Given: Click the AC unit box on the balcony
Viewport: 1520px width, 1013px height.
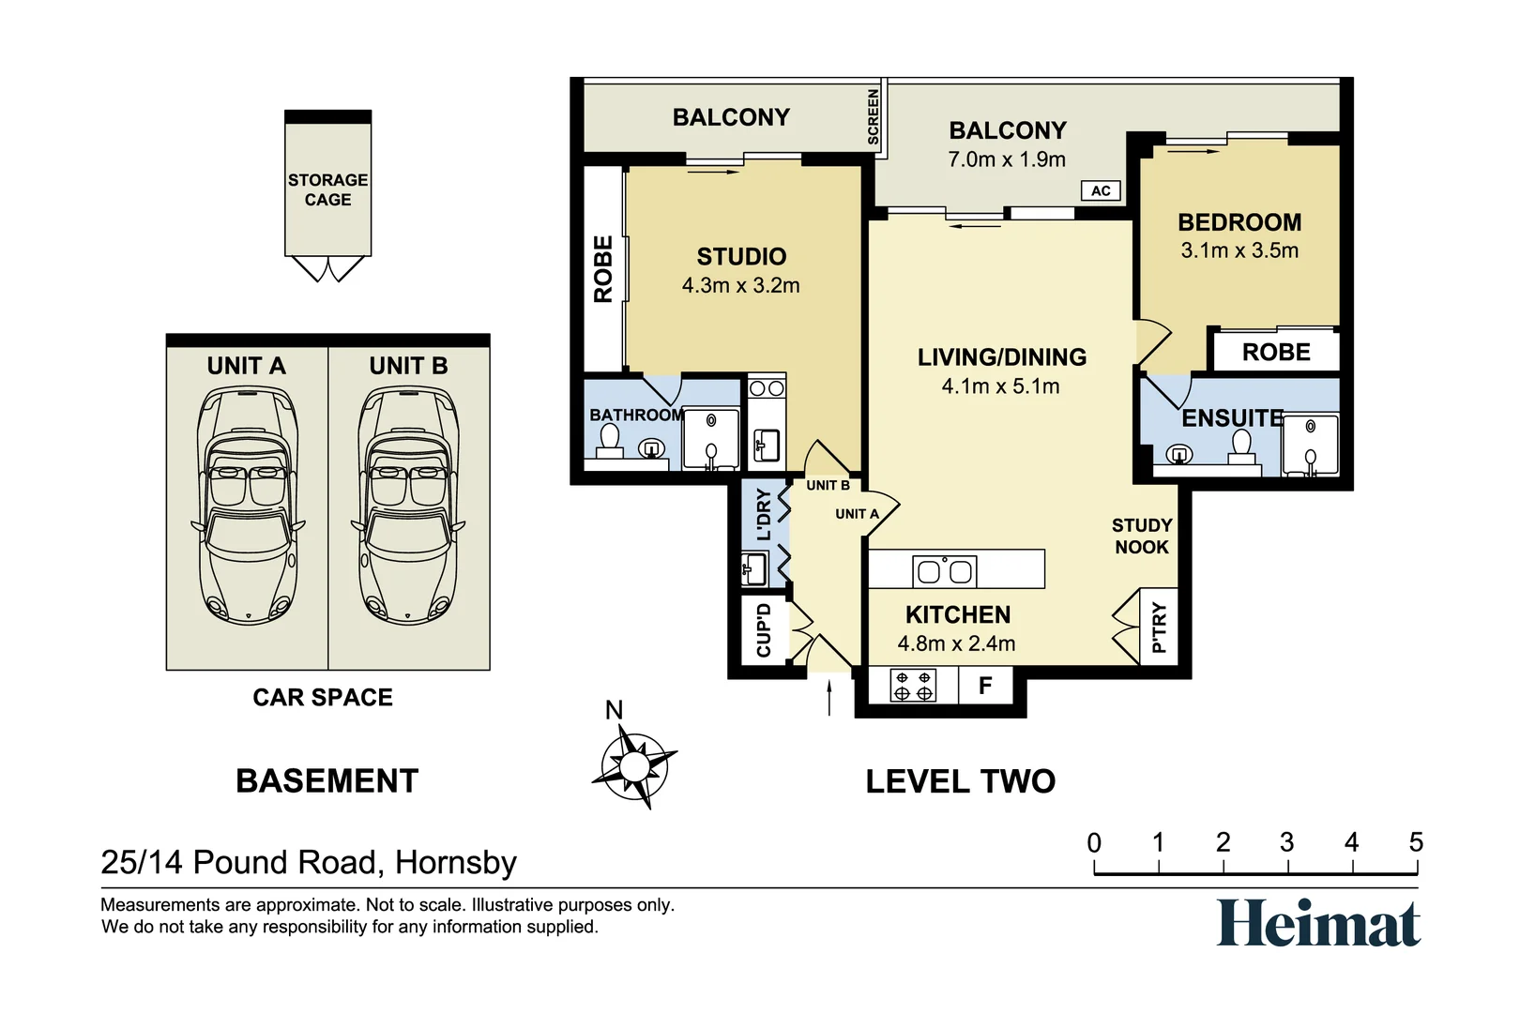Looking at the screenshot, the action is (x=1100, y=190).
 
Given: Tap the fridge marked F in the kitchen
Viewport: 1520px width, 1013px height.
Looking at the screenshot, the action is (x=985, y=686).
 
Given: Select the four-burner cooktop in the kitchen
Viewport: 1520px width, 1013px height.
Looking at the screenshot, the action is (x=913, y=686).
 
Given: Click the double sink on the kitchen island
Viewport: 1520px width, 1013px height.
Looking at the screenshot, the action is (x=944, y=571).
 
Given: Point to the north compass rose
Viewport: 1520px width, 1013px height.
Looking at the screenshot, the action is (x=633, y=766).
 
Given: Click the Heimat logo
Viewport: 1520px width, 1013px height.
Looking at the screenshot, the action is (x=1317, y=923).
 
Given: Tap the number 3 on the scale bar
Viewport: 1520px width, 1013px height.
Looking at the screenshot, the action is (x=1286, y=842).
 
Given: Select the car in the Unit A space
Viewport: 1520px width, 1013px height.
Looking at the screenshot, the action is (x=248, y=506).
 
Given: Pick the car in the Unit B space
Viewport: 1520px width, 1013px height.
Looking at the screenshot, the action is (x=408, y=506).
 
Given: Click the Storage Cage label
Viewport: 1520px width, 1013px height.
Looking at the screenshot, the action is (x=327, y=190).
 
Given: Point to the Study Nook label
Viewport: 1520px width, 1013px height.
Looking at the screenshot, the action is (x=1142, y=536).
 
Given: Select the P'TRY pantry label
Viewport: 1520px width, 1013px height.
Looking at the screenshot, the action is (x=1159, y=627).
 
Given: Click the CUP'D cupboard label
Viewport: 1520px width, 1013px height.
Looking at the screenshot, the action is (x=764, y=630).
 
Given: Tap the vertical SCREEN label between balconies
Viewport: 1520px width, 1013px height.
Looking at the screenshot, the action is (x=874, y=116).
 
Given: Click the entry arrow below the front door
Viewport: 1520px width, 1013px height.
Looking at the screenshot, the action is (x=829, y=699).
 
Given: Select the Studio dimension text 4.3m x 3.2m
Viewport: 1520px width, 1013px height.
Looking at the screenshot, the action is (x=741, y=285).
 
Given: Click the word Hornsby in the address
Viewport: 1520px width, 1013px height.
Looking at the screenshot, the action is (x=456, y=863).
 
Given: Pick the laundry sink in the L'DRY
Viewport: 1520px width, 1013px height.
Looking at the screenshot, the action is (x=753, y=569).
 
